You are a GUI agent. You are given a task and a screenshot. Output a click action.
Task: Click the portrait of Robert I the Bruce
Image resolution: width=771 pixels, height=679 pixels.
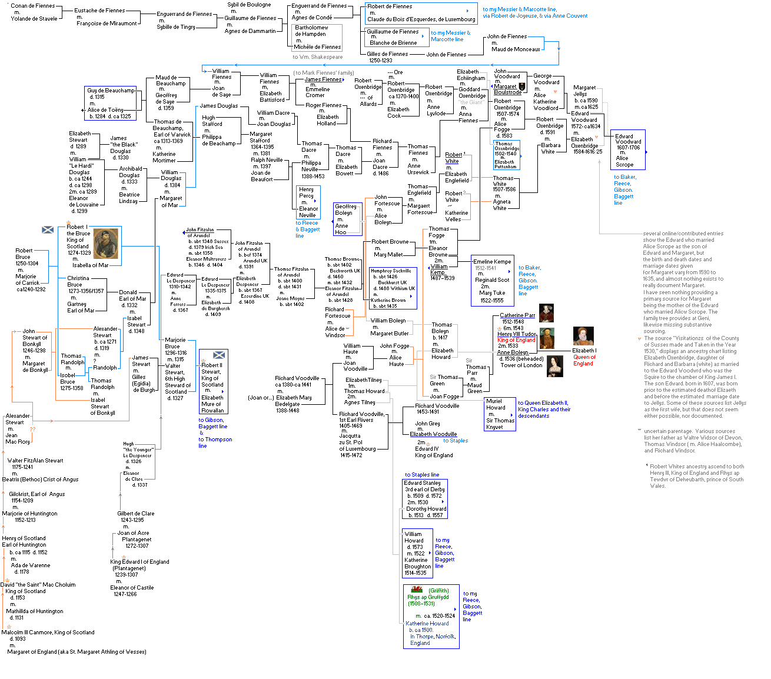106,244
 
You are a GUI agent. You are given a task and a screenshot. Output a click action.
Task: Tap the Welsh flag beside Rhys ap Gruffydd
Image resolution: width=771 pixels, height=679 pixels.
416,589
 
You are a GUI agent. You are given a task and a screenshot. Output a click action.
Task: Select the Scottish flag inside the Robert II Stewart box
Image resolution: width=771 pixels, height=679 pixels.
219,355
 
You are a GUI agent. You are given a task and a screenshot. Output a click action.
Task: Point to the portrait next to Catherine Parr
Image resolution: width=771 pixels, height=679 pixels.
546,313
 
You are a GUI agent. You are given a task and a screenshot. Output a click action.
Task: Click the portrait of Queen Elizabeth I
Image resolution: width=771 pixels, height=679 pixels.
583,336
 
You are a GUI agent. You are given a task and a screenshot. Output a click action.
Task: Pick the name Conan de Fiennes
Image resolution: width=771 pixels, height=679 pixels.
32,6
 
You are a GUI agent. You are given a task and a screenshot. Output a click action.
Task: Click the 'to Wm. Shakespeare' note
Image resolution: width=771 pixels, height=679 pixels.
317,57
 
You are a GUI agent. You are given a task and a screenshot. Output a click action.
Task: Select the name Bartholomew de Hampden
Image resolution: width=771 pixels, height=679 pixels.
311,31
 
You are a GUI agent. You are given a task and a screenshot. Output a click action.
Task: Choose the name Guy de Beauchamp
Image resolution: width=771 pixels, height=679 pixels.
111,91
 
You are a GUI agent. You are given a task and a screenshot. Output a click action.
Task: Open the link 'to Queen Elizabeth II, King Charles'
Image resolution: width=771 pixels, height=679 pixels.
544,406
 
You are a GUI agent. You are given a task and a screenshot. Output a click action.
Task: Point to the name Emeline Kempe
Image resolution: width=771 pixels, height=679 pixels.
492,261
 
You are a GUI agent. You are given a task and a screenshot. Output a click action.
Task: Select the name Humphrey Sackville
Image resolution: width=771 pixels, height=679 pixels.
392,271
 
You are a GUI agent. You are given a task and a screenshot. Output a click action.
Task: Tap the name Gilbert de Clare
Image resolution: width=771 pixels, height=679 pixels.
135,514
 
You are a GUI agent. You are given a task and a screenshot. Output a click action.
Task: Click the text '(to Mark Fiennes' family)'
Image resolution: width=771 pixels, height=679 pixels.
324,73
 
